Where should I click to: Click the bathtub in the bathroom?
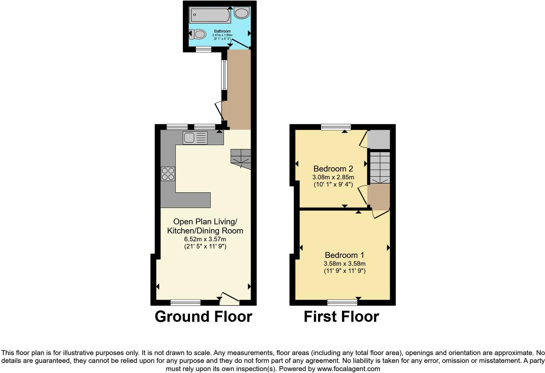click(x=210, y=15)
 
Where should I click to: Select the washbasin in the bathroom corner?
click(x=242, y=13)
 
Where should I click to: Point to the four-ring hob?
click(x=168, y=173)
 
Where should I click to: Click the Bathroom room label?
click(x=222, y=31)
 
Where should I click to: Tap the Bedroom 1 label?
click(x=345, y=255)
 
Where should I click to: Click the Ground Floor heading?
click(x=203, y=317)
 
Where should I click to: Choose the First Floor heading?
click(x=341, y=317)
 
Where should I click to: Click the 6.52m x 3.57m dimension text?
click(x=205, y=239)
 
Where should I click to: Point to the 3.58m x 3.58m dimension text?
click(x=345, y=263)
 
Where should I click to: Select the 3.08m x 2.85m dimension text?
click(x=333, y=177)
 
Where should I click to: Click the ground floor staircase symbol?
click(x=241, y=159)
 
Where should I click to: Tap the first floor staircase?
click(x=379, y=168)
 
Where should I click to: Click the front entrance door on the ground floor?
click(x=230, y=297)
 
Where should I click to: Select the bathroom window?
click(x=203, y=49)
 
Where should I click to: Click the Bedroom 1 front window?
click(x=342, y=302)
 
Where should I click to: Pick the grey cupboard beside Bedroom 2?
click(x=379, y=140)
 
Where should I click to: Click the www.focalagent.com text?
click(x=348, y=369)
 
